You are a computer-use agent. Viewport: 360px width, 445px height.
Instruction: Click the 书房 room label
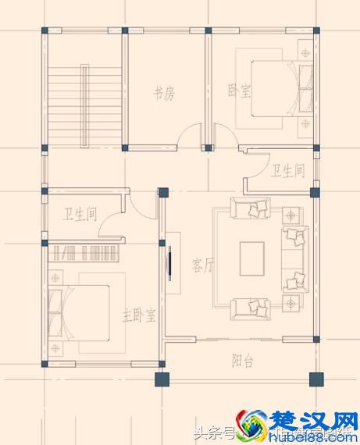pos(163,94)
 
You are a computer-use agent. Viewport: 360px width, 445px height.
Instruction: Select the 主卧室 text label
pos(139,315)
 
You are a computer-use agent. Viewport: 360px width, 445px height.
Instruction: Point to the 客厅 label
pos(203,265)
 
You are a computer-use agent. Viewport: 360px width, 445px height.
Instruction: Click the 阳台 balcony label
pos(242,361)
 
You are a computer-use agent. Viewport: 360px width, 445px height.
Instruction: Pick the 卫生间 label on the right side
pos(287,169)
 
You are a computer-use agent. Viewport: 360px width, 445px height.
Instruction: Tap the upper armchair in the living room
pos(250,208)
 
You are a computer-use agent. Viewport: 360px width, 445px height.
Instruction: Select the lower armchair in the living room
pos(250,308)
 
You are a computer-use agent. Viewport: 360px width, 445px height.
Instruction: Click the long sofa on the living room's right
pos(294,258)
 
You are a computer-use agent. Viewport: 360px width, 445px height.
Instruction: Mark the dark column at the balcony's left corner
pos(161,380)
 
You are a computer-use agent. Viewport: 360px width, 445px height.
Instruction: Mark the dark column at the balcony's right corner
pos(315,380)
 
